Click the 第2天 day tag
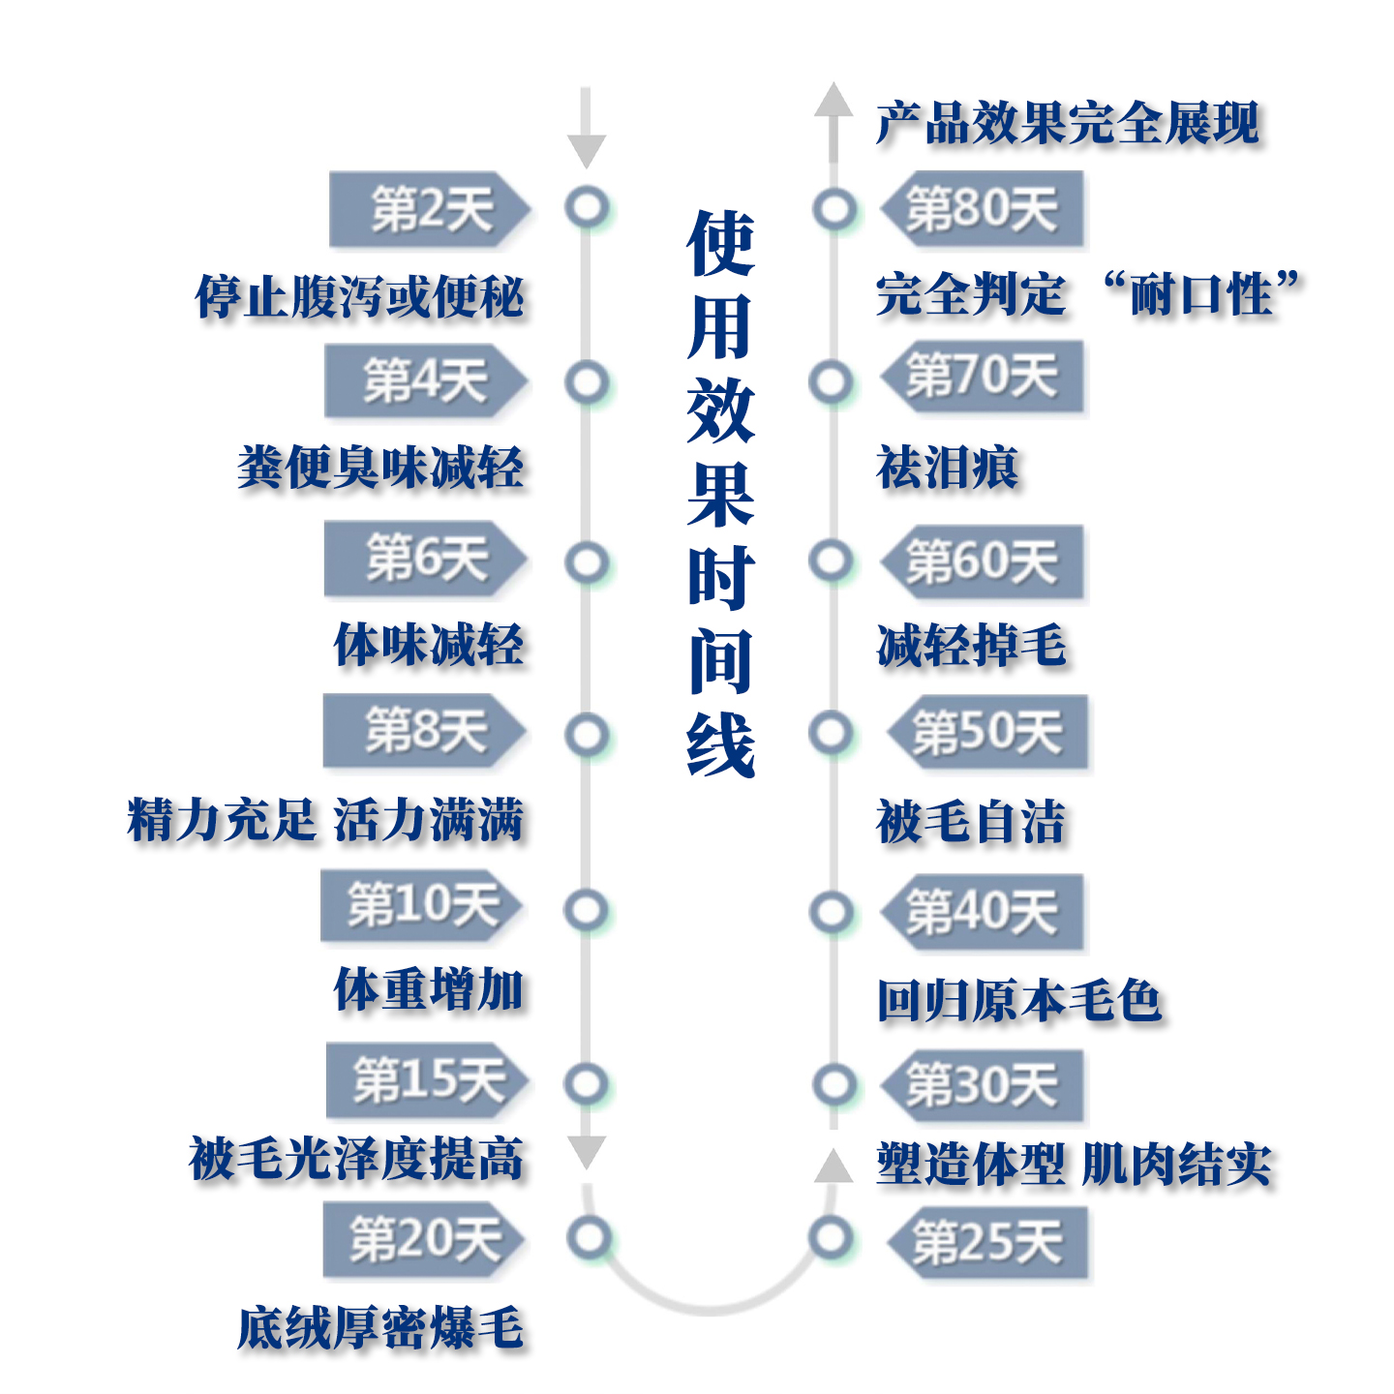(x=429, y=209)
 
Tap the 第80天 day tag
(x=982, y=209)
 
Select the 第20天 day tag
(x=424, y=1239)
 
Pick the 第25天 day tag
(x=987, y=1242)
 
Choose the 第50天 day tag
(x=987, y=732)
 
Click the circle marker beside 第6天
(x=587, y=561)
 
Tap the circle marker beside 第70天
(x=832, y=381)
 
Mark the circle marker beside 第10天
(x=587, y=910)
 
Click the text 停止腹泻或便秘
(x=360, y=296)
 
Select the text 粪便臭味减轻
(x=380, y=468)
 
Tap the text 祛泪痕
(x=947, y=468)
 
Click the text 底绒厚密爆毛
(x=380, y=1327)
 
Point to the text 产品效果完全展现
(x=1067, y=124)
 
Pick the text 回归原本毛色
(x=1018, y=1000)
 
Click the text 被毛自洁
(x=970, y=822)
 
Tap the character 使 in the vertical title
(x=720, y=243)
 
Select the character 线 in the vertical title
(x=720, y=744)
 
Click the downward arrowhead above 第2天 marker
(x=586, y=150)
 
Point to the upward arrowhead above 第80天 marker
(x=833, y=101)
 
